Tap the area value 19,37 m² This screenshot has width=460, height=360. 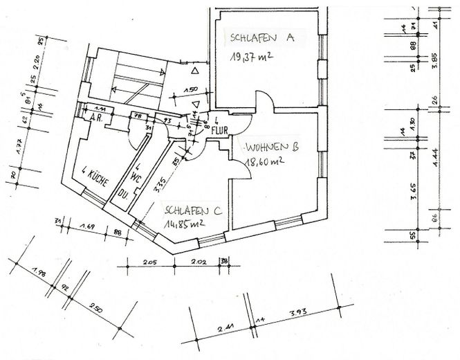click(255, 57)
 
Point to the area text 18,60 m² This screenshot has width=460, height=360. click(266, 162)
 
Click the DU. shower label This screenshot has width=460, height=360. click(125, 193)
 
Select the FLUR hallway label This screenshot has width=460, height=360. click(220, 127)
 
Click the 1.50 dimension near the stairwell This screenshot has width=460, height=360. click(192, 90)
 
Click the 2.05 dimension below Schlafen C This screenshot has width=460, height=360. click(150, 262)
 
